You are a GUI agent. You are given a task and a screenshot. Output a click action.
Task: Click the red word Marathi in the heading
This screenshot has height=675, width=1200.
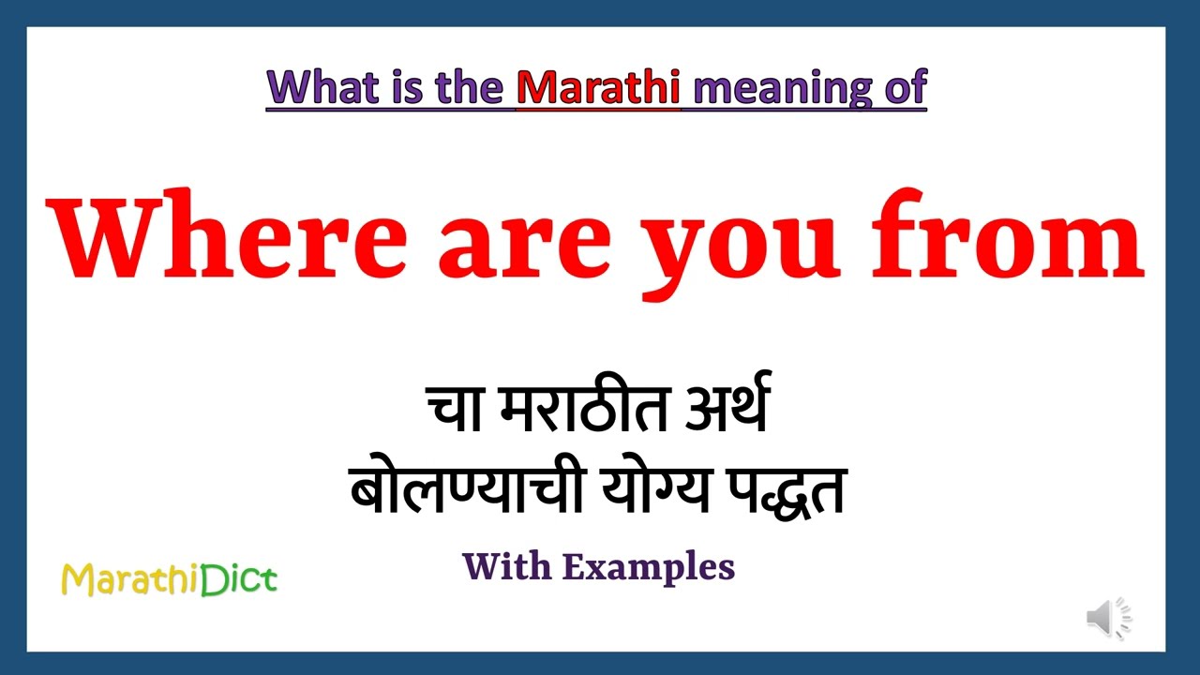click(x=598, y=87)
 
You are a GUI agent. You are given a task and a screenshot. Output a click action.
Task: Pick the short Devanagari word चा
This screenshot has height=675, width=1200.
click(x=455, y=410)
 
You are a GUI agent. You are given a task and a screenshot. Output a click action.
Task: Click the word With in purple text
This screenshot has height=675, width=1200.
click(x=506, y=566)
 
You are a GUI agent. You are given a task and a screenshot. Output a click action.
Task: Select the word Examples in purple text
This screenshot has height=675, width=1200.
click(x=649, y=567)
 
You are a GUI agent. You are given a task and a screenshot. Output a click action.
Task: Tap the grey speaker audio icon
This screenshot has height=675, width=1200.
click(x=1108, y=619)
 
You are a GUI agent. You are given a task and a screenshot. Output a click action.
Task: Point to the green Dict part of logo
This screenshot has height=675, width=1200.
click(x=239, y=579)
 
